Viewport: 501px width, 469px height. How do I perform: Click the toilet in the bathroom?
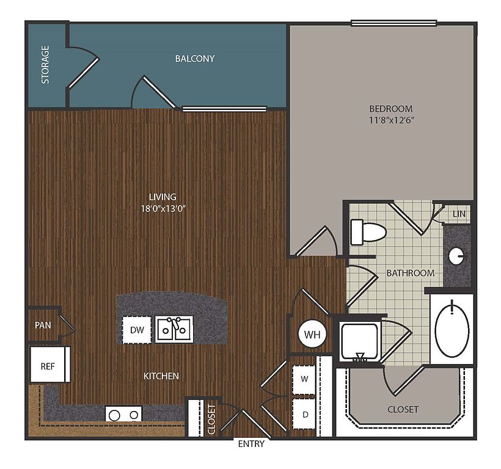click(x=368, y=232)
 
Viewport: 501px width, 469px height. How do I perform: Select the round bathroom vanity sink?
click(x=456, y=255)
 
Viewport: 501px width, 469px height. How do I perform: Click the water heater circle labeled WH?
click(x=312, y=334)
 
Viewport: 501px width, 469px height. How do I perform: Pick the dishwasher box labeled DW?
click(x=137, y=330)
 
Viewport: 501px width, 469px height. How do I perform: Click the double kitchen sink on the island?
click(x=174, y=330)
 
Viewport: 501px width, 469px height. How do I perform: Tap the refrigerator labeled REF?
click(x=50, y=365)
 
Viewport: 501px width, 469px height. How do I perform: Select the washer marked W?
click(x=304, y=379)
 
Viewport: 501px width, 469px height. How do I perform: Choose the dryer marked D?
click(x=304, y=415)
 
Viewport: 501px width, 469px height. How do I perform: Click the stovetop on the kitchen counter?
click(x=123, y=414)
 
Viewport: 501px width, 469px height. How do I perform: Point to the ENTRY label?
click(x=251, y=444)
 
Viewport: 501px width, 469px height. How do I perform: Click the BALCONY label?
click(x=194, y=59)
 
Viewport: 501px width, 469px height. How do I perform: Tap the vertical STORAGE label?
click(x=46, y=65)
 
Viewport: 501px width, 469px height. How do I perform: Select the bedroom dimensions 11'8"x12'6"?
click(x=392, y=120)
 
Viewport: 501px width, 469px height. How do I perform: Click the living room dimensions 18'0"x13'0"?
click(x=163, y=209)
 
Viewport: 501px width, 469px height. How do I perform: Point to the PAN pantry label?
click(x=43, y=325)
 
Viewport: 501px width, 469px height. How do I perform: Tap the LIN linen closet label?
click(x=459, y=214)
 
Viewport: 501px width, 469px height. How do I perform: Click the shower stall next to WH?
click(x=359, y=341)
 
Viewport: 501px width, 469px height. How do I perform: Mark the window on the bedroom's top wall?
click(x=393, y=23)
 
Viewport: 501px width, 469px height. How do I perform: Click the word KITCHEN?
click(x=161, y=376)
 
